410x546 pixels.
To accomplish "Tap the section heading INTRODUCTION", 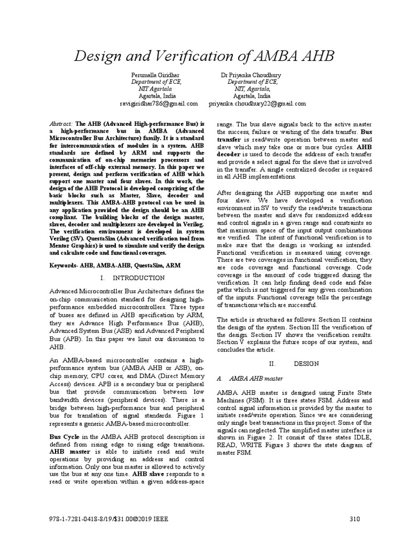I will [140, 278].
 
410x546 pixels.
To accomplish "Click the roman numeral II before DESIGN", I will [270, 363].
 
